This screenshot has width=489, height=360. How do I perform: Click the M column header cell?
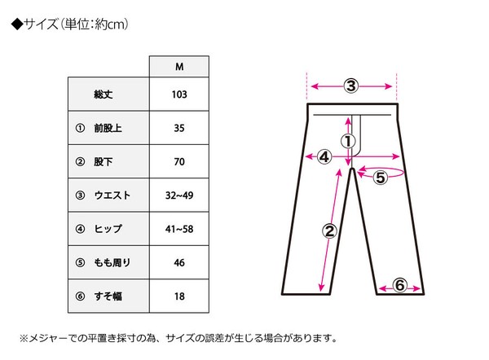[179, 67]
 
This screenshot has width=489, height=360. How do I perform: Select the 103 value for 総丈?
[179, 94]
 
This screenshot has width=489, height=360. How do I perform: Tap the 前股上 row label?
[108, 128]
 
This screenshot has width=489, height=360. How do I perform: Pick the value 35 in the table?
[179, 128]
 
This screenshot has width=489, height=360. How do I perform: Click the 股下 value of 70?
[179, 161]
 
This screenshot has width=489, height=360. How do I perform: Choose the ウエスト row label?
[112, 195]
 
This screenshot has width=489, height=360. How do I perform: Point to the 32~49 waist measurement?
[179, 195]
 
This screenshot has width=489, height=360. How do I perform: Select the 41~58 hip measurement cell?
[179, 229]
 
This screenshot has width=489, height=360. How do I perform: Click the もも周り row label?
[112, 262]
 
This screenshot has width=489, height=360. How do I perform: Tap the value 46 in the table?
[179, 262]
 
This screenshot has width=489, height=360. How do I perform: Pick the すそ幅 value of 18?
[179, 296]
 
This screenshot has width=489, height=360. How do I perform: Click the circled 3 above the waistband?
[351, 86]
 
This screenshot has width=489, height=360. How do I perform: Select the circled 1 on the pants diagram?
[348, 142]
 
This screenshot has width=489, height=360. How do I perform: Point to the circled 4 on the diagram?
[324, 156]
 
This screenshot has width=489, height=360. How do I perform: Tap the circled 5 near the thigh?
[381, 178]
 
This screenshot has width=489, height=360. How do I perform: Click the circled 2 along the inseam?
[329, 231]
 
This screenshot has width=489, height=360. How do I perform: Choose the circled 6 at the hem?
[399, 285]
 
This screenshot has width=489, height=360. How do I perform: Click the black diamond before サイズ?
[17, 24]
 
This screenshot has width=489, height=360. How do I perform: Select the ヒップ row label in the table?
[108, 229]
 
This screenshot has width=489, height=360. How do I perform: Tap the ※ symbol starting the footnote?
[24, 338]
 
